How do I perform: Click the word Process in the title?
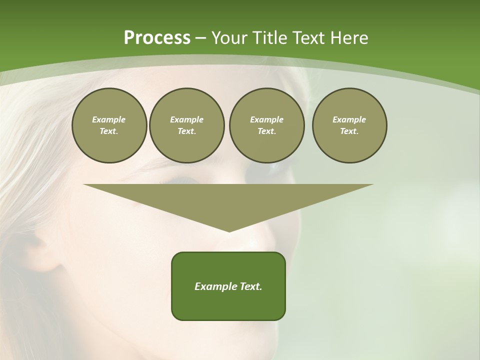[x=157, y=38]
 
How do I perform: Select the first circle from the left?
[x=109, y=125]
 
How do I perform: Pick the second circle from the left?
[x=186, y=125]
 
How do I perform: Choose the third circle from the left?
[x=266, y=125]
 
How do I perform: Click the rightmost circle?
[x=349, y=125]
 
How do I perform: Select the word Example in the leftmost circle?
[x=109, y=119]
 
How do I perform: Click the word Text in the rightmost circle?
[x=349, y=131]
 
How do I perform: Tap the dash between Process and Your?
[x=201, y=38]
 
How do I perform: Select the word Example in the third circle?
[x=266, y=119]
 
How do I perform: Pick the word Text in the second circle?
[x=186, y=131]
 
